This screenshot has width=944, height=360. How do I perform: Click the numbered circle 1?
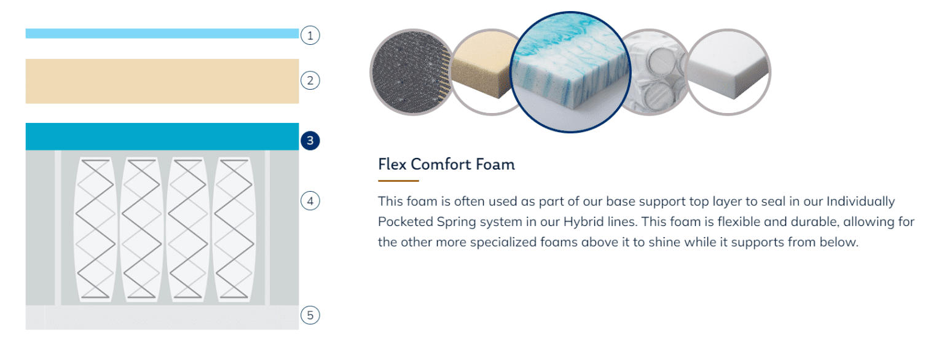[310, 36]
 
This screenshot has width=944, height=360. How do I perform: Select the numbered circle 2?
[310, 80]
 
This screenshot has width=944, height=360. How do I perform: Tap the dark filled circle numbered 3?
[310, 140]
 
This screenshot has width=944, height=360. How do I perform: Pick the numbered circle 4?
[310, 201]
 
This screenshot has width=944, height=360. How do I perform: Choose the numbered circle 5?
[310, 315]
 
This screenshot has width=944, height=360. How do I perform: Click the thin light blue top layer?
[162, 33]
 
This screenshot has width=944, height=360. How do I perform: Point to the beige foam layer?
[162, 81]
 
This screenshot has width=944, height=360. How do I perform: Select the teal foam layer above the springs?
[162, 136]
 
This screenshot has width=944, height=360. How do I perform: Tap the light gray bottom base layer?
[162, 318]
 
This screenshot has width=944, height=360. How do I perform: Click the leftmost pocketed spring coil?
[95, 229]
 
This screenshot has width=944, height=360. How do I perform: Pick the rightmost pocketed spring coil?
[234, 229]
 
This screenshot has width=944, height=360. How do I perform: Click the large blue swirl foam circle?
[570, 72]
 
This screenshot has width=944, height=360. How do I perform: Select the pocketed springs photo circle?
[655, 72]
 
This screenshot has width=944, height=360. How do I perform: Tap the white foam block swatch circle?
[728, 72]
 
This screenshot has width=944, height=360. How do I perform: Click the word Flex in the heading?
[392, 164]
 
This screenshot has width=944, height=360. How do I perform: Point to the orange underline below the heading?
[398, 181]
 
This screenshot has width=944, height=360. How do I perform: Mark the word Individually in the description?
[860, 202]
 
